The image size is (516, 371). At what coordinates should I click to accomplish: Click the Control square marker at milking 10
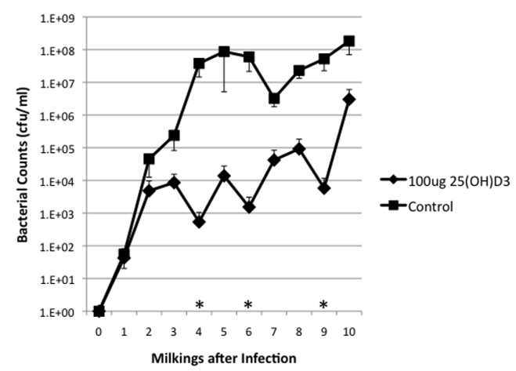pos(349,41)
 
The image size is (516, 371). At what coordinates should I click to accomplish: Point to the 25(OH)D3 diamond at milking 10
pos(349,99)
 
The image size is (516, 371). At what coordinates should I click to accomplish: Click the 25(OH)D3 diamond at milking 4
pos(199,222)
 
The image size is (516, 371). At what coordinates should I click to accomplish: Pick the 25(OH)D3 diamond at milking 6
pos(249,207)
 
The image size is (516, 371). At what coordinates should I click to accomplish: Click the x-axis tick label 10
pos(349,331)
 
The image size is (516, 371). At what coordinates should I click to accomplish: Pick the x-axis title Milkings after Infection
pos(225,358)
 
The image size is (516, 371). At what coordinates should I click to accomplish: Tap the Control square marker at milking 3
pos(174,136)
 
